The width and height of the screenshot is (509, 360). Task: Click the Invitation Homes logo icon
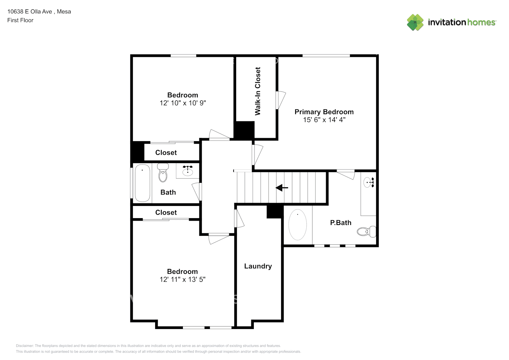click(x=415, y=22)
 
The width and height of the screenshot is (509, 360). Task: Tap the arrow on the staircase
click(x=282, y=188)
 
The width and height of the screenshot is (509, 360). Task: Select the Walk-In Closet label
click(x=258, y=91)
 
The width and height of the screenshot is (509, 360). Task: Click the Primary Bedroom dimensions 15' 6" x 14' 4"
click(x=324, y=120)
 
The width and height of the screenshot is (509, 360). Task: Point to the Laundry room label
click(x=258, y=266)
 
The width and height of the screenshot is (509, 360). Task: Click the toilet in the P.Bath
click(x=366, y=231)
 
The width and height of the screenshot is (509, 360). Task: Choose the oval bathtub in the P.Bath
click(x=297, y=225)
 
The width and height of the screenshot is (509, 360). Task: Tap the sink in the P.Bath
click(x=369, y=182)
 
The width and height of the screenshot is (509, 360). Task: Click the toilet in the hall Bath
click(x=163, y=172)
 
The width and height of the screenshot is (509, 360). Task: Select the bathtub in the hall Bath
click(x=143, y=183)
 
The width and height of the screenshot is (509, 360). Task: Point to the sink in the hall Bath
click(x=188, y=170)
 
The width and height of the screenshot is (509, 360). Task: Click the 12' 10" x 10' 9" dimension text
click(x=183, y=103)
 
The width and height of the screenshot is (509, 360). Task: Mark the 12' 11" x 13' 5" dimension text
click(x=183, y=279)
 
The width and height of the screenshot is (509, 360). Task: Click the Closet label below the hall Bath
click(x=166, y=212)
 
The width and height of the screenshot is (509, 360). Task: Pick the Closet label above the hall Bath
click(x=166, y=153)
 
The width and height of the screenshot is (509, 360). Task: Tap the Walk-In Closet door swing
click(x=281, y=100)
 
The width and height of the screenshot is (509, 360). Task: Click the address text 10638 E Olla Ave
click(x=30, y=12)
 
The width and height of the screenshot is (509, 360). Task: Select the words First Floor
click(x=20, y=20)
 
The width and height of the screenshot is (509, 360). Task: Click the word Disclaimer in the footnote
click(x=24, y=346)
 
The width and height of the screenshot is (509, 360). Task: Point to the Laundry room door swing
click(x=239, y=219)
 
